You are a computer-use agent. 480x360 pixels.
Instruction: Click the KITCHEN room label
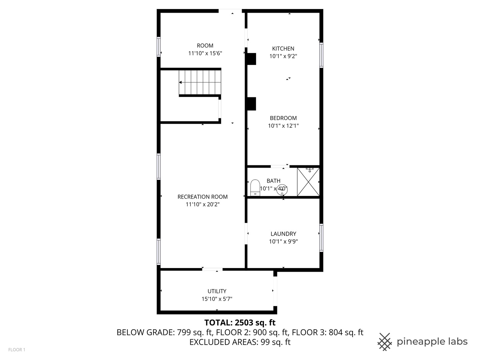pos(283,49)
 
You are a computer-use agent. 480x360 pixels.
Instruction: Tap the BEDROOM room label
pos(283,118)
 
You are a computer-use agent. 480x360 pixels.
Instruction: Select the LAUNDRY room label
pos(283,234)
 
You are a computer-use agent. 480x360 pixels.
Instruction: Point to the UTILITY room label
pos(217,291)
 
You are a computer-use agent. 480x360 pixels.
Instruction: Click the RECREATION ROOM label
pos(202,197)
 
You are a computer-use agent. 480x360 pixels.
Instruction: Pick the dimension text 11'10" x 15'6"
pos(205,53)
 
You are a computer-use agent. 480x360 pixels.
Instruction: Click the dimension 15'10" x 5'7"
pos(217,299)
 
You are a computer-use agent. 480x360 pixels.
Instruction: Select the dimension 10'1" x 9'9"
pos(283,242)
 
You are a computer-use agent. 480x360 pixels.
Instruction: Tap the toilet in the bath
pos(255,188)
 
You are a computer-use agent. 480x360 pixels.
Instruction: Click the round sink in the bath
pos(282,190)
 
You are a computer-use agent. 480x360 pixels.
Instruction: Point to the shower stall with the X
pos(308,182)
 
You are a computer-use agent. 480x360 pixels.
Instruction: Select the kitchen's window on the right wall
pos(321,55)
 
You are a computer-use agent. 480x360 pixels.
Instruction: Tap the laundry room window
pos(321,238)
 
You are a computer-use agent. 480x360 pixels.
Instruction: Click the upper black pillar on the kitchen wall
pos(251,59)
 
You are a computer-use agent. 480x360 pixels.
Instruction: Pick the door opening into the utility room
pos(212,269)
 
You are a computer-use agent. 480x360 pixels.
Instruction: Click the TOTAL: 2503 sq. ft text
pos(240,323)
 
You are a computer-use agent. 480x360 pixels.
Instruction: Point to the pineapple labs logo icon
pos(384,342)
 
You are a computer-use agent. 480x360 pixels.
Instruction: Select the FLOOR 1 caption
pos(17,350)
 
